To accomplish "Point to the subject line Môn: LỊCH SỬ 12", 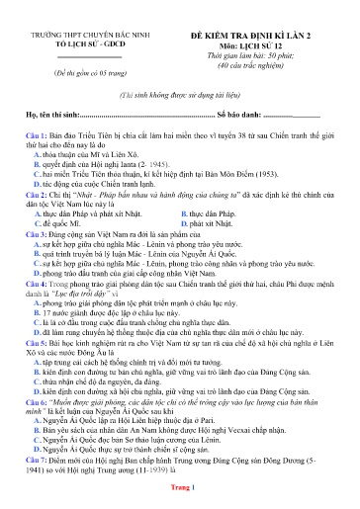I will click(264, 45).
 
